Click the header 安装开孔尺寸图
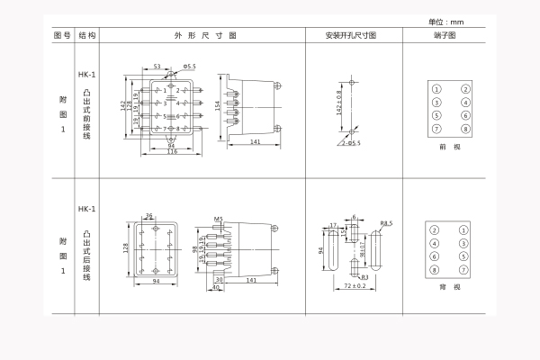[351, 35]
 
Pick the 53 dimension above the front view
[157, 67]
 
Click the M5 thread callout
[219, 219]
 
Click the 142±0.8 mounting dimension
[339, 104]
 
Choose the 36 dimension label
[149, 215]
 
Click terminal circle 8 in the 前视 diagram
[464, 129]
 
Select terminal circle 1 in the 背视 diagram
[463, 230]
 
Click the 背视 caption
[449, 286]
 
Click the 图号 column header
[61, 35]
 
